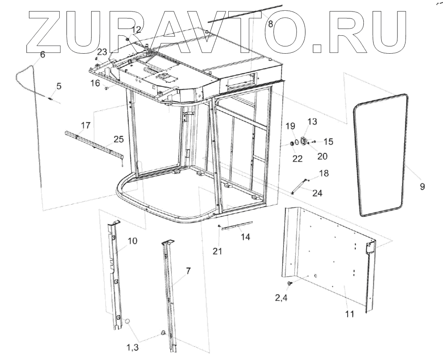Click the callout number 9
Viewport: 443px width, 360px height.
point(422,186)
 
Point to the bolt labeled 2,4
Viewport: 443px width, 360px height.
point(290,282)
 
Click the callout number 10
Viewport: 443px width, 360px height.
point(132,241)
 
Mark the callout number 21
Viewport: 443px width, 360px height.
point(218,251)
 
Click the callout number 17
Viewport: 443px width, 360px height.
point(86,125)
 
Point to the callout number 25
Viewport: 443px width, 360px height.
point(118,138)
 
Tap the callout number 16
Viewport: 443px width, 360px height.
point(95,82)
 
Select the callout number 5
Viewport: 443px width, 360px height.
point(58,86)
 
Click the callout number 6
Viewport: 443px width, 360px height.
point(42,54)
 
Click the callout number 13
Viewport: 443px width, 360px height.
point(312,122)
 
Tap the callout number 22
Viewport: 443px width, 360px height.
point(297,158)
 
